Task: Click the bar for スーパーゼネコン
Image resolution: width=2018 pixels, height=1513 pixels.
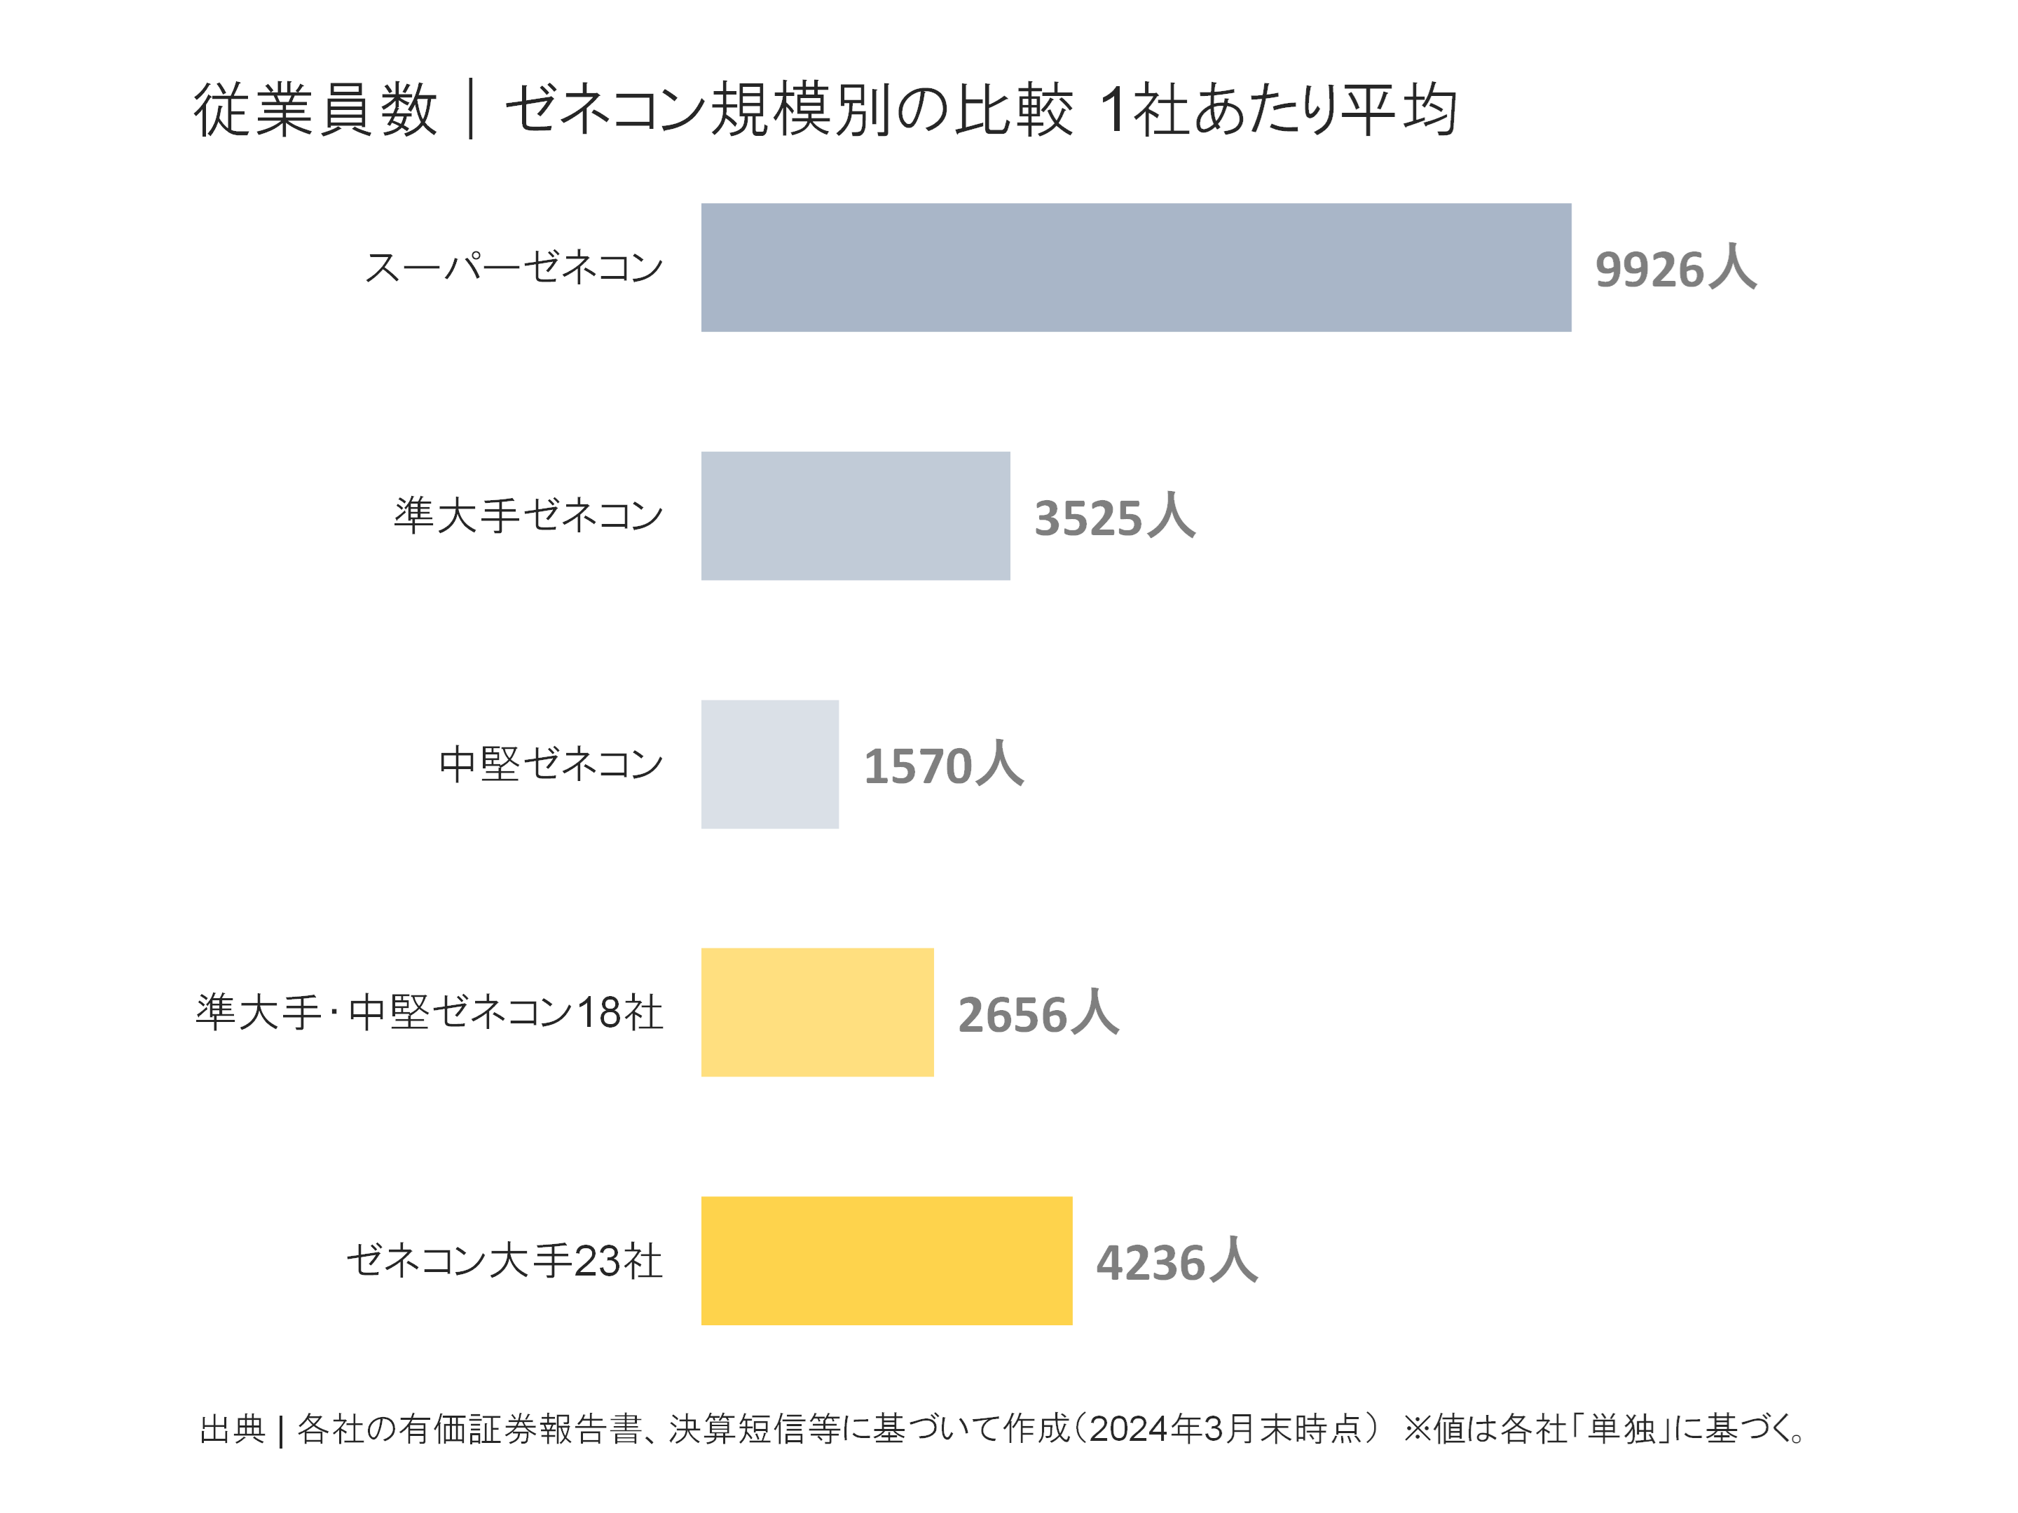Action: pos(1135,267)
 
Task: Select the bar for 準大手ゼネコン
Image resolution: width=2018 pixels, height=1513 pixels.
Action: pos(855,516)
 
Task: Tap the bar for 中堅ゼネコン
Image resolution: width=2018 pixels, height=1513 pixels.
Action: pos(769,764)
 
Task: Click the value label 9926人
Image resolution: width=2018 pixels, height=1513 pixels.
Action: pos(1675,269)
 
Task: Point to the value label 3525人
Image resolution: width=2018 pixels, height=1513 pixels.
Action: pos(1114,517)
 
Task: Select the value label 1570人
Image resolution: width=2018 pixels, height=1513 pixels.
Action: pos(943,765)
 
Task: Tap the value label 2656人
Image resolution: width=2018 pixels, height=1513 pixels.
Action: pos(1037,1014)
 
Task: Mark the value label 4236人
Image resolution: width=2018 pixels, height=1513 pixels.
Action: pos(1176,1262)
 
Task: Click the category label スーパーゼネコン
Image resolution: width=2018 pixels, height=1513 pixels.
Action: pos(514,267)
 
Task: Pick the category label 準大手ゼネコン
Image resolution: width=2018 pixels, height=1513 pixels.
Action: pos(528,516)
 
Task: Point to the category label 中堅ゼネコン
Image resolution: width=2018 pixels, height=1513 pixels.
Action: pos(550,764)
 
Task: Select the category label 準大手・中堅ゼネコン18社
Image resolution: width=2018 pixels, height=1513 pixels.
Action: pos(429,1012)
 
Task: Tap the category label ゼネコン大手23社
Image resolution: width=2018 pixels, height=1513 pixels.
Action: pos(504,1260)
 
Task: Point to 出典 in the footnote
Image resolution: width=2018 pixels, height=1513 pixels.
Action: pos(232,1429)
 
